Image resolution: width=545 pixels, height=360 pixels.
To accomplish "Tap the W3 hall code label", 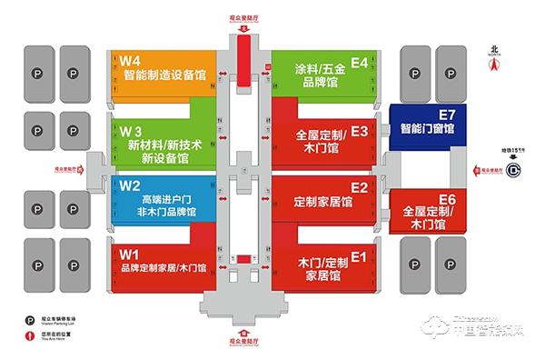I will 132,128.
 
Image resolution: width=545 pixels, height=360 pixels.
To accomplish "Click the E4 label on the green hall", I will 360,62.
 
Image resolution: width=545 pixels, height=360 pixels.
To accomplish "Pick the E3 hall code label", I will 359,131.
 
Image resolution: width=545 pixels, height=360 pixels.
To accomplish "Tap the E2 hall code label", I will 359,187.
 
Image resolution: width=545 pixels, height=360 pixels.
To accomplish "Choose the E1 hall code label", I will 358,256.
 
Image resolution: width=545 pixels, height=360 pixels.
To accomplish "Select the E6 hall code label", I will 446,198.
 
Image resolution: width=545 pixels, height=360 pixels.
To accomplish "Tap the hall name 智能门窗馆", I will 426,129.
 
